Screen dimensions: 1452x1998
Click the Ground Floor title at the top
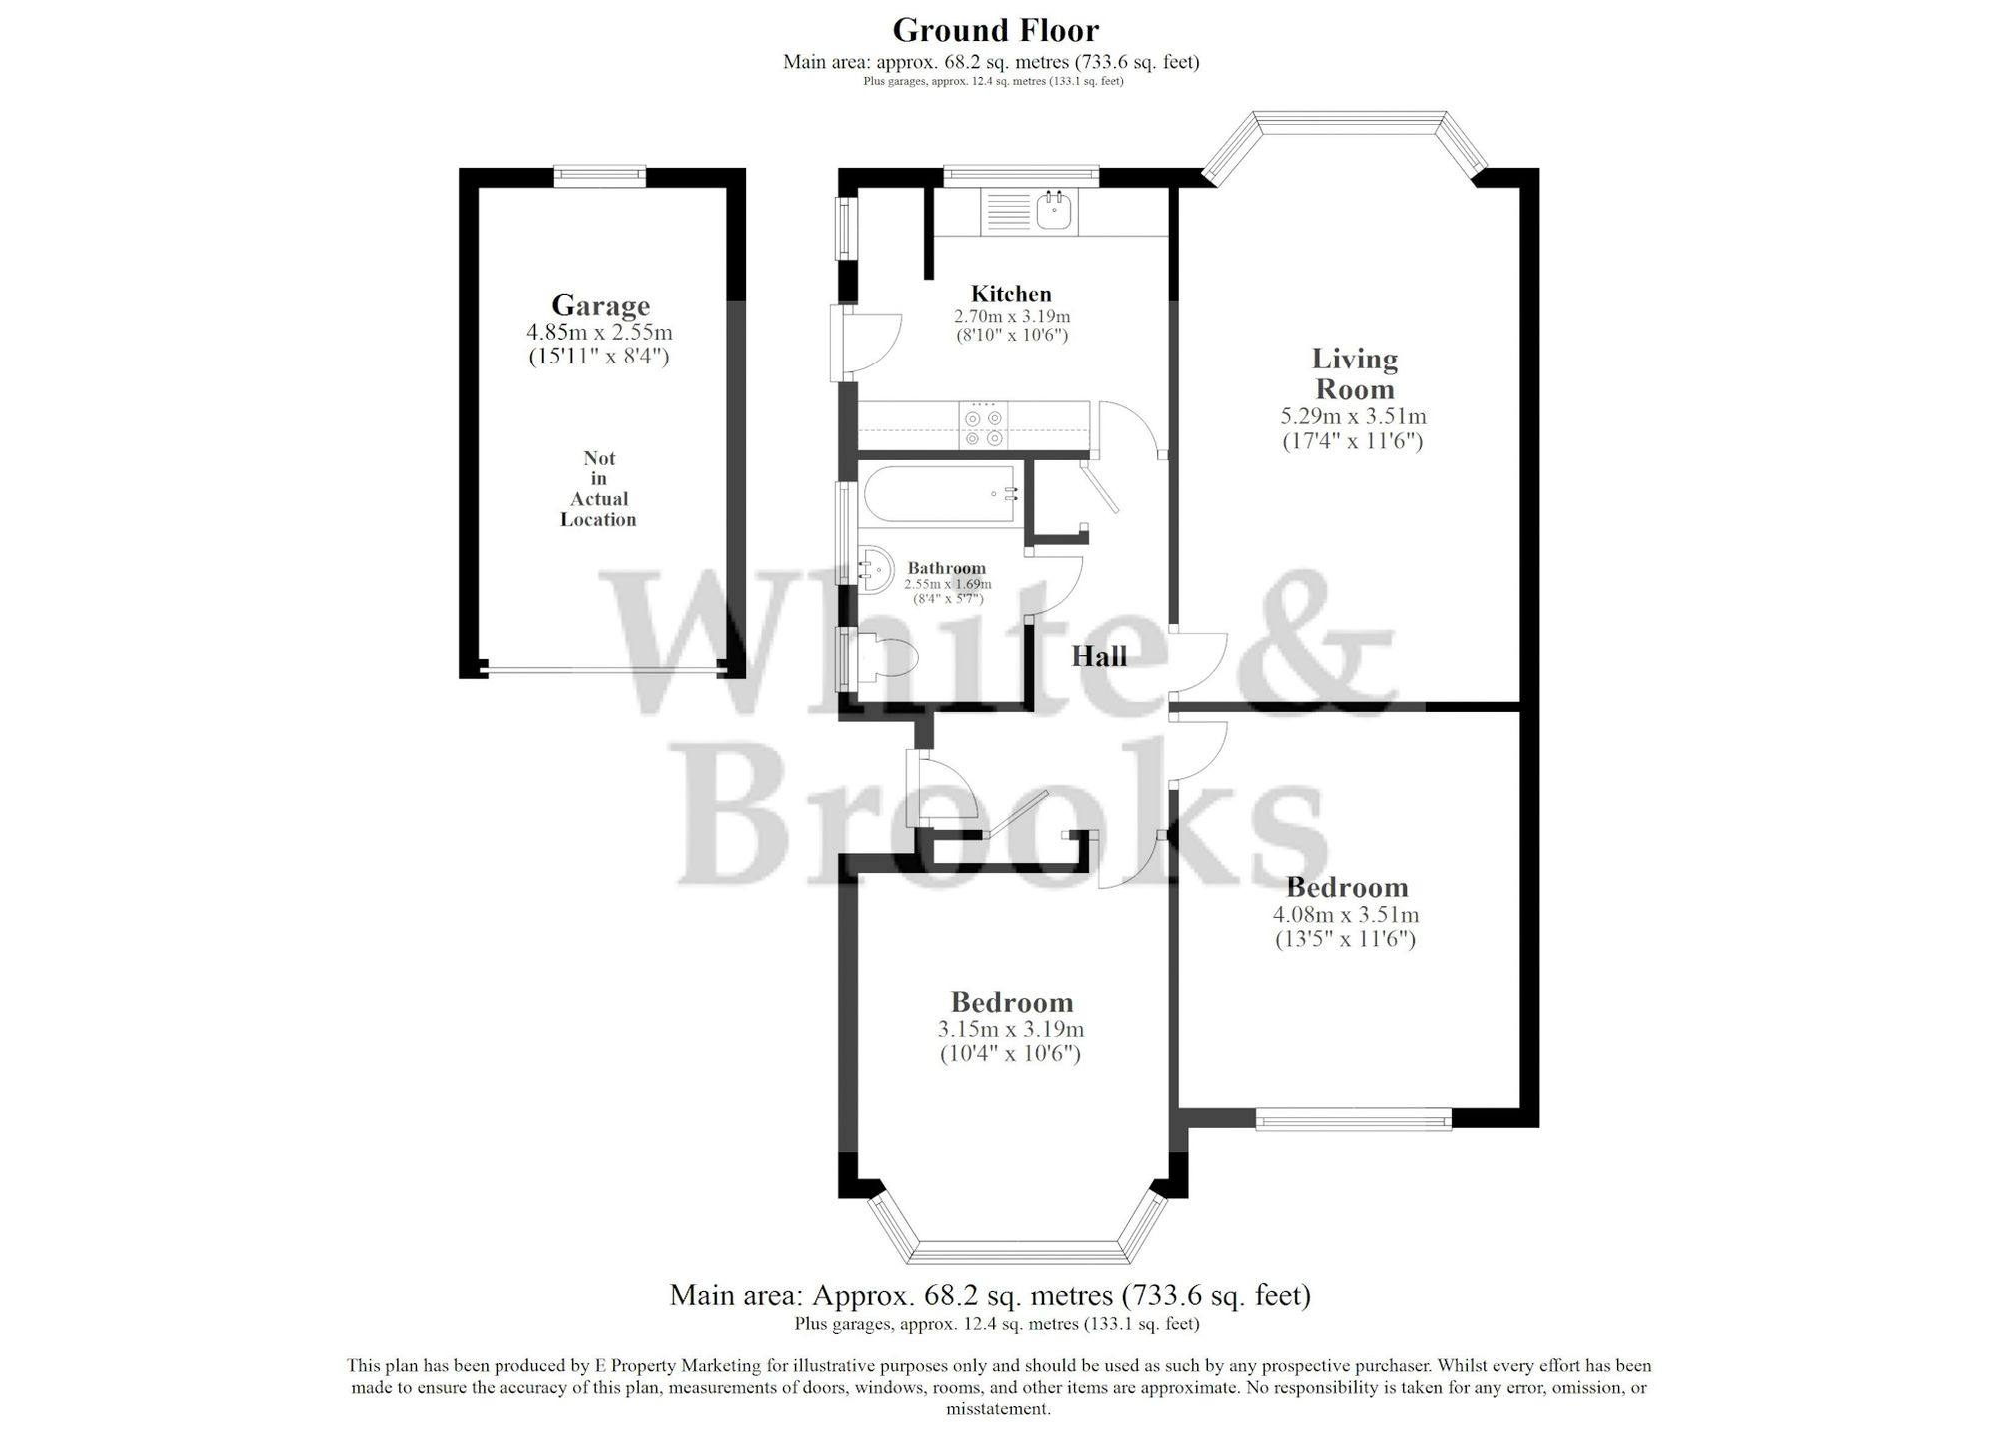(x=995, y=30)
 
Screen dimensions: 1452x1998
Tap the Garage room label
(x=600, y=305)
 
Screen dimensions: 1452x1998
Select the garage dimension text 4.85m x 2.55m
(x=599, y=332)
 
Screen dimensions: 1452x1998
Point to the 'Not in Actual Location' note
(x=598, y=488)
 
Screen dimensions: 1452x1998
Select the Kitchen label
(x=1011, y=294)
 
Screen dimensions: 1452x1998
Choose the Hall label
(x=1099, y=656)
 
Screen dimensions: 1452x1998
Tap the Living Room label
(x=1354, y=373)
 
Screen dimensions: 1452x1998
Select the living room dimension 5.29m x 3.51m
(x=1353, y=416)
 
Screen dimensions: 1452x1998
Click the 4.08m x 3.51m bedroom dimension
(x=1345, y=914)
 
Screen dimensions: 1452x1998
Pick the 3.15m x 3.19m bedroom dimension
(x=1010, y=1029)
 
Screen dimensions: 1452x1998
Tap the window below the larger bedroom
(x=1353, y=1120)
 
